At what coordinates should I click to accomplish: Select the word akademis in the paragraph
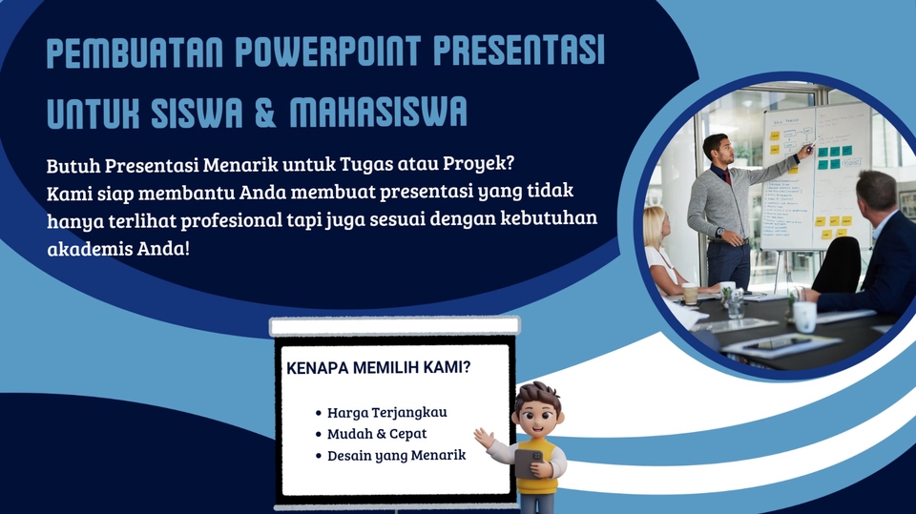click(84, 247)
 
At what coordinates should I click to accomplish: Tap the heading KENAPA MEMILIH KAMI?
click(378, 366)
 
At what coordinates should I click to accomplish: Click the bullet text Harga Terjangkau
click(386, 413)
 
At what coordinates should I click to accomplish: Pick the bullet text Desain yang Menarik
click(396, 455)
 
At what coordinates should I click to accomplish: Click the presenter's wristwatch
click(718, 232)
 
